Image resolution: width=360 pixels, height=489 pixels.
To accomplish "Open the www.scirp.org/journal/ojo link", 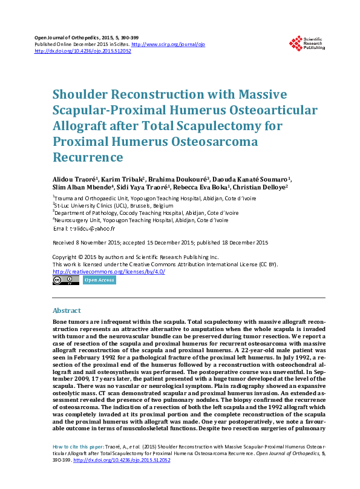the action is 159,44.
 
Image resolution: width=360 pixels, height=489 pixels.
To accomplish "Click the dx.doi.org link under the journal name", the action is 83,51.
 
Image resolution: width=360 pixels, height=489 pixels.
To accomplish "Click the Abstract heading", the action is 67,310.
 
